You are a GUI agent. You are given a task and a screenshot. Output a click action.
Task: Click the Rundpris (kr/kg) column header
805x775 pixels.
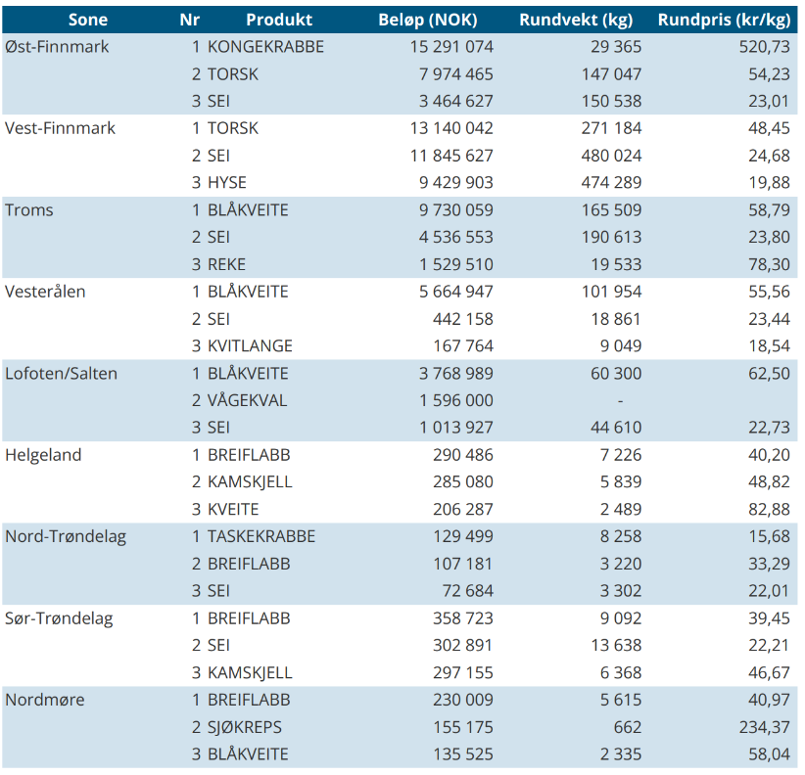click(x=724, y=20)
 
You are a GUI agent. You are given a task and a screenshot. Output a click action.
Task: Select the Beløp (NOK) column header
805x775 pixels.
click(x=428, y=20)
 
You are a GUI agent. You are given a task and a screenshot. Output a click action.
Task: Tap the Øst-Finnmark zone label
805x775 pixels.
click(x=57, y=47)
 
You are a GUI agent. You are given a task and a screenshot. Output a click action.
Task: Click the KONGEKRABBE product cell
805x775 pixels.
click(x=265, y=47)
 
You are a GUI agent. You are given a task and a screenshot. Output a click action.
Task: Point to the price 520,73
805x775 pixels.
click(x=765, y=47)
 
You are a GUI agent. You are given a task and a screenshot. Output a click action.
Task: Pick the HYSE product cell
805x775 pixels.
click(x=227, y=183)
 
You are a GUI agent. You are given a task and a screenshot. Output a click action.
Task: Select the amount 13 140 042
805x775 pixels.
click(x=451, y=128)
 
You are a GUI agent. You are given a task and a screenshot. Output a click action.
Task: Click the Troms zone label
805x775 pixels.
click(x=29, y=209)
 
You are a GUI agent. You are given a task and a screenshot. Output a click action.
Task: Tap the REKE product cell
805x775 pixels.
click(x=226, y=264)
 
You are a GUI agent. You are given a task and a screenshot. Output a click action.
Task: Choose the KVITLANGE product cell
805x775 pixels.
click(x=250, y=345)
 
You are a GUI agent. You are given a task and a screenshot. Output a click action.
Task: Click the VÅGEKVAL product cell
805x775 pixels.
click(x=247, y=400)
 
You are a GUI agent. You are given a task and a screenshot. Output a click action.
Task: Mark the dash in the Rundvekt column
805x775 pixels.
click(x=620, y=400)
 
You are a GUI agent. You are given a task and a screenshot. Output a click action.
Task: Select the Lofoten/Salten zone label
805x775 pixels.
click(x=61, y=374)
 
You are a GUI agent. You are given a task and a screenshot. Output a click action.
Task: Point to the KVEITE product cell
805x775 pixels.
click(x=233, y=509)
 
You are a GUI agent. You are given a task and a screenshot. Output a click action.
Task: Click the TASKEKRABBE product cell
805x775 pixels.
click(x=261, y=536)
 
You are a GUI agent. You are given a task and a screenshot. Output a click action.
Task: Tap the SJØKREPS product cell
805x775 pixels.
click(x=245, y=727)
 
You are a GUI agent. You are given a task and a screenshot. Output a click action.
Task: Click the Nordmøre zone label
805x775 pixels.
click(x=45, y=700)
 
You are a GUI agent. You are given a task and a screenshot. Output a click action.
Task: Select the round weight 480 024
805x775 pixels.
click(x=611, y=156)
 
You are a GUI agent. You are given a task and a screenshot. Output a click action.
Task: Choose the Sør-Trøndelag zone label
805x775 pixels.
click(x=59, y=618)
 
